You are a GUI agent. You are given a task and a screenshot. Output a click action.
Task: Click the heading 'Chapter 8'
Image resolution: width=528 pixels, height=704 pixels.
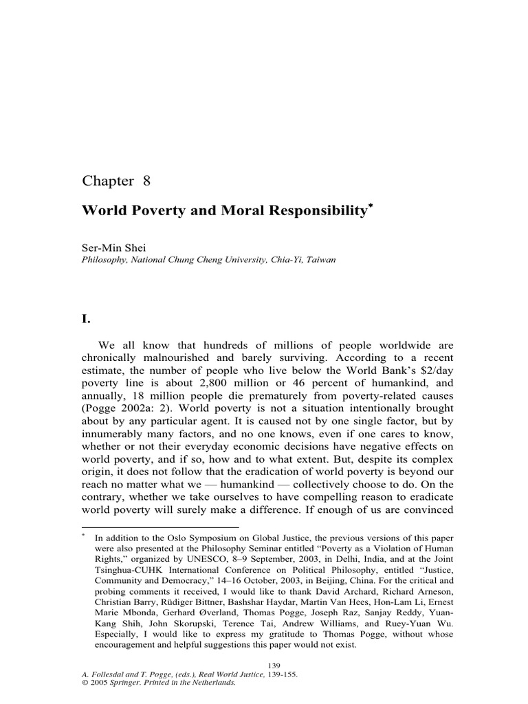coord(115,181)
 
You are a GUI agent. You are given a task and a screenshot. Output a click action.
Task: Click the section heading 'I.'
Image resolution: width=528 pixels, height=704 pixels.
coord(87,318)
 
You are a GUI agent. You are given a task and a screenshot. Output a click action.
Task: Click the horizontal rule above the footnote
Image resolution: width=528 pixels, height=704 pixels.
coord(160,527)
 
